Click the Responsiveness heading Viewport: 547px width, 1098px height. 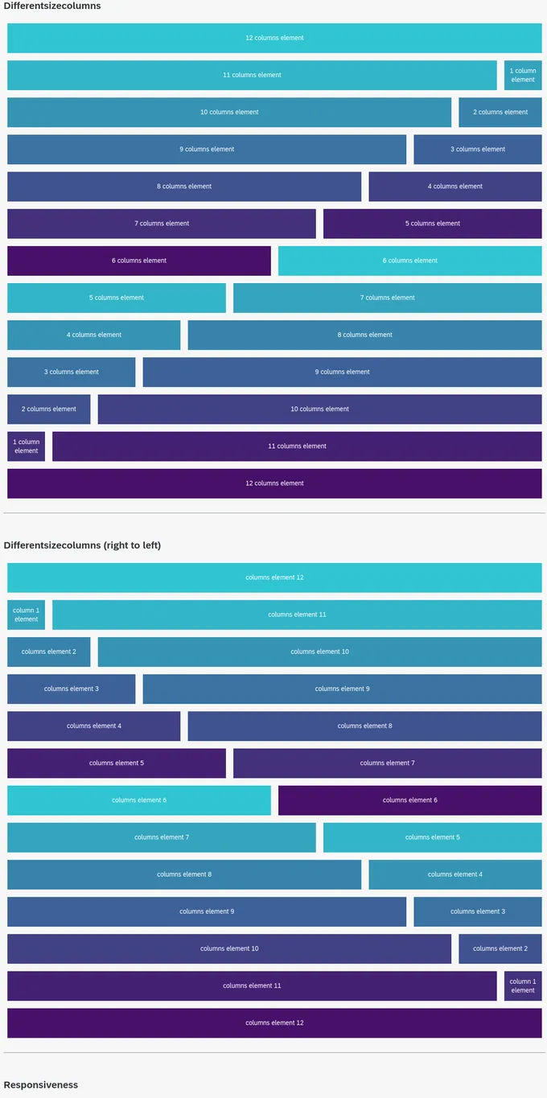point(41,1085)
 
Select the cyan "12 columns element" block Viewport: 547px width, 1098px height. point(274,38)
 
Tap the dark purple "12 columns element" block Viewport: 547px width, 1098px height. point(274,483)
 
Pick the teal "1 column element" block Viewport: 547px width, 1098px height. point(523,75)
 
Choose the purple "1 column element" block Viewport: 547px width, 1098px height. point(26,446)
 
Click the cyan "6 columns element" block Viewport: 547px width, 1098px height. point(409,261)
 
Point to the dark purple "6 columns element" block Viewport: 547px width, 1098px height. point(139,261)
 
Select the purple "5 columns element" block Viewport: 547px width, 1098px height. point(432,224)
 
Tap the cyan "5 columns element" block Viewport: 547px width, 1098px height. point(117,298)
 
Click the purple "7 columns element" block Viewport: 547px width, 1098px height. point(162,224)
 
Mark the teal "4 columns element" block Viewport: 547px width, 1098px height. point(93,335)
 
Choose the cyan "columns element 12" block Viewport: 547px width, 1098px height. point(274,578)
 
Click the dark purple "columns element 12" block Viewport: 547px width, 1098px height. point(274,1022)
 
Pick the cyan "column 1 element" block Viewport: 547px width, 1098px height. point(26,615)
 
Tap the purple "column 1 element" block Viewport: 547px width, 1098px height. point(523,985)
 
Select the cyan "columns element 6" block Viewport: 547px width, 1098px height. point(139,800)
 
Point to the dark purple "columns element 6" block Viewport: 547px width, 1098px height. point(409,800)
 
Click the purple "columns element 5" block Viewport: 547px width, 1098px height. point(117,763)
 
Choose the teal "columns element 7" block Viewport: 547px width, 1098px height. point(162,837)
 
